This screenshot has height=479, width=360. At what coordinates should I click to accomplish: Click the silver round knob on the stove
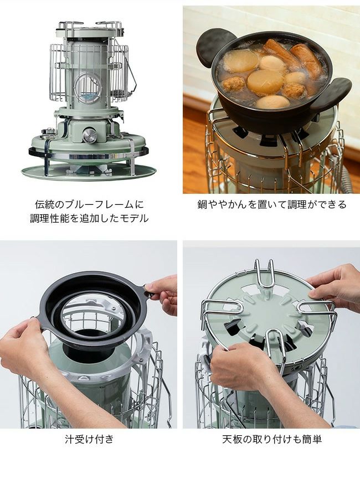pos(89,135)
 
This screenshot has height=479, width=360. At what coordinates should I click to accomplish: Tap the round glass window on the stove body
pos(88,87)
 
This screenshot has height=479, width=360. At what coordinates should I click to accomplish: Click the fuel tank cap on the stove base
pos(48,132)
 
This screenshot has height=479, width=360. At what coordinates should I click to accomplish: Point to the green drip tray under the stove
pos(89,172)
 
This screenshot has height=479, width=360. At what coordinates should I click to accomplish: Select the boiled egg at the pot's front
pos(272,102)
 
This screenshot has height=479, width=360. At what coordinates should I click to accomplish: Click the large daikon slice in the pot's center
pos(265,82)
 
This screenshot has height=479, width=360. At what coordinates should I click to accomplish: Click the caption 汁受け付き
pos(89,439)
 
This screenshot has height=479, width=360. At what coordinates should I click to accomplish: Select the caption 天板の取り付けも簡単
pos(272,439)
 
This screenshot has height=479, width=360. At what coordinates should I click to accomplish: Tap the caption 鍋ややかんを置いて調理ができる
pos(272,204)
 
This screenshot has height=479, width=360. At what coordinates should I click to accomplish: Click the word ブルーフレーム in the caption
pos(98,204)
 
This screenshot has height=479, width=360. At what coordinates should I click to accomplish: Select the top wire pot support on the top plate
pos(265,275)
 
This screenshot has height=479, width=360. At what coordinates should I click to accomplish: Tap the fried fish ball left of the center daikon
pos(234,84)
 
